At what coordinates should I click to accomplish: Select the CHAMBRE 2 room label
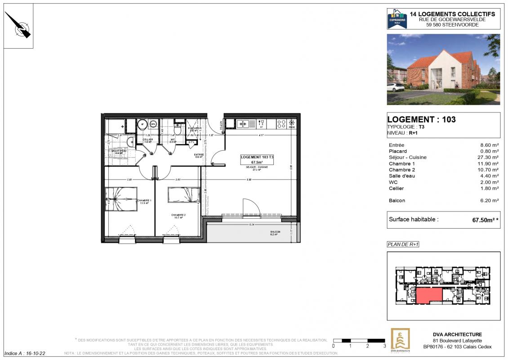(x=178, y=216)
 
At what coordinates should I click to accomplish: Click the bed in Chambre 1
(x=121, y=195)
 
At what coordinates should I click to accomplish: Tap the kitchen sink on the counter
(x=243, y=123)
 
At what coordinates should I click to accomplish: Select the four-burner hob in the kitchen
(x=281, y=123)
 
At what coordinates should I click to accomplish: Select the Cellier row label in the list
(x=396, y=189)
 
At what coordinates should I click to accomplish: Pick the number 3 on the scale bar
(x=384, y=346)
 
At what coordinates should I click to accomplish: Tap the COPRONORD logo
(x=397, y=19)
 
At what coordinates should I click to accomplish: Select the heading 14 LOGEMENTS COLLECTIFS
(x=452, y=14)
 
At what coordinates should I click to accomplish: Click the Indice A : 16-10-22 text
(x=25, y=354)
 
